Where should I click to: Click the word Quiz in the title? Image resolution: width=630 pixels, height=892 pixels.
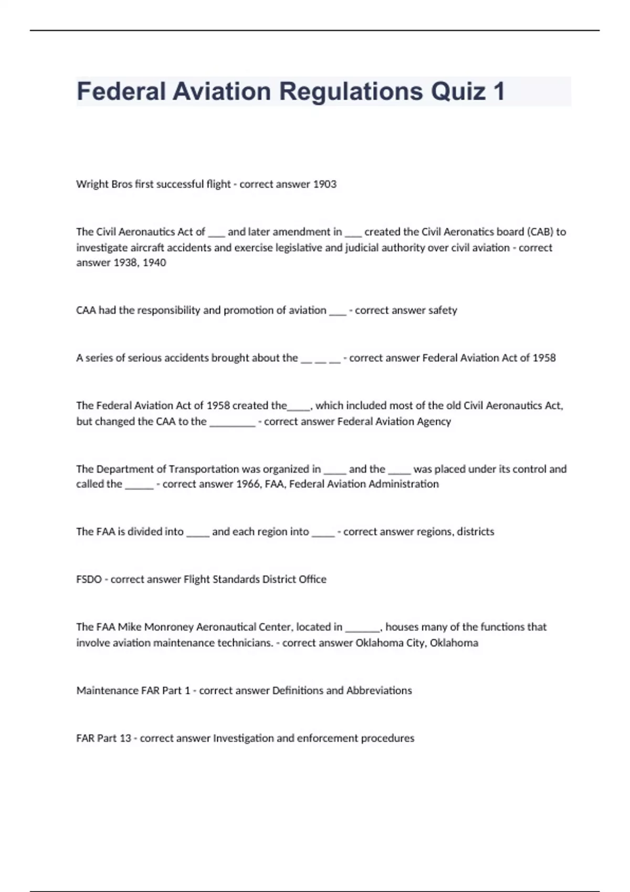click(x=458, y=91)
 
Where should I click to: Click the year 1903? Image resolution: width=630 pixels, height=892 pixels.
click(x=324, y=184)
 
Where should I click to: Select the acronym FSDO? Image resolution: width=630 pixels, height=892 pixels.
click(x=89, y=579)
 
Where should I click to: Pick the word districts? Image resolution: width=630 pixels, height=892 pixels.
click(x=475, y=532)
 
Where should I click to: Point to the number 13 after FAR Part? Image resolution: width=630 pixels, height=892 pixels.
click(x=125, y=738)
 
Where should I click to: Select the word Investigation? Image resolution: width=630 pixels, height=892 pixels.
click(x=243, y=738)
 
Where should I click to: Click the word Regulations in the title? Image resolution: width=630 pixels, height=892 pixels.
click(x=351, y=91)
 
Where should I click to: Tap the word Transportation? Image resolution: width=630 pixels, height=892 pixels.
click(x=203, y=469)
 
